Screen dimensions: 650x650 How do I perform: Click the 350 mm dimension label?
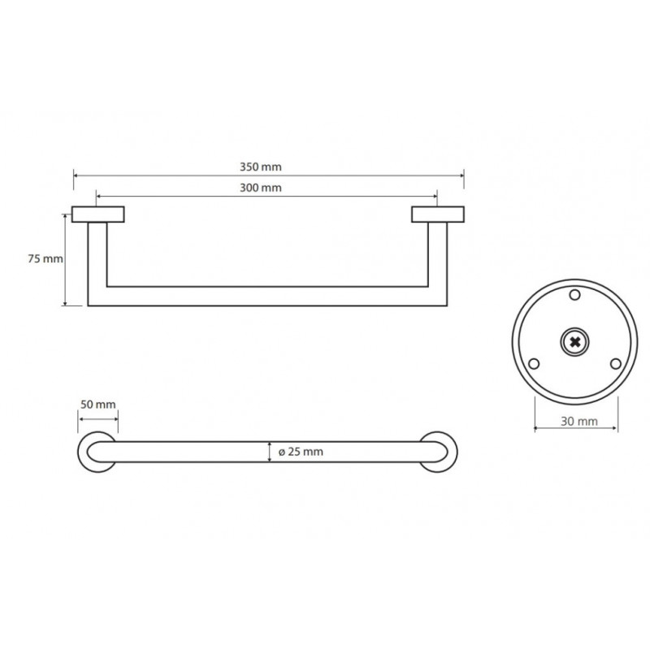260,167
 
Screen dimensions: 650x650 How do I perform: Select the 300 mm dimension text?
260,188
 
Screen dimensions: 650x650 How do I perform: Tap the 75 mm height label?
45,258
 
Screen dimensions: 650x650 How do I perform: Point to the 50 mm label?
97,404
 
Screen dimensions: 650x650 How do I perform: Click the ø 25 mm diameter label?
301,452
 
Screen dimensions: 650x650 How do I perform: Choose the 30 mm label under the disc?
579,421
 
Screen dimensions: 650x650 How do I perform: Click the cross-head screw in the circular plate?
574,342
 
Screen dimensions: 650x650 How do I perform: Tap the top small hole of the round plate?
574,295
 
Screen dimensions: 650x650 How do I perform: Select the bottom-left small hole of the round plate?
534,364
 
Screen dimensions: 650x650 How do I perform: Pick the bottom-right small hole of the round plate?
616,364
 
